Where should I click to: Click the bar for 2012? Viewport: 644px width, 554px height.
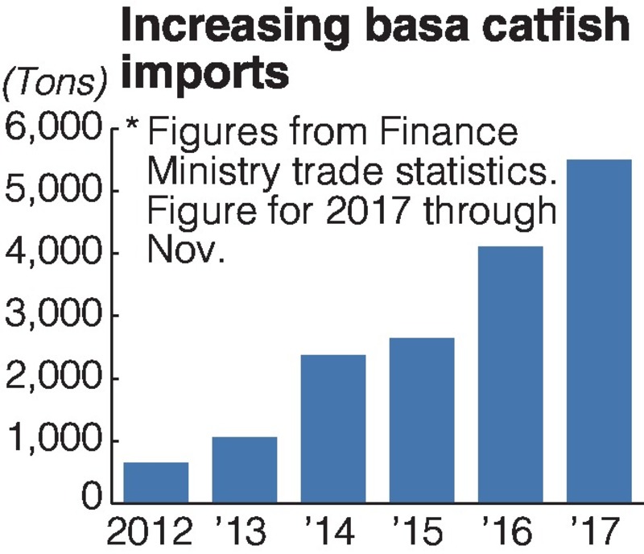coord(156,482)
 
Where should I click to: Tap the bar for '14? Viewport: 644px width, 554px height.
coord(333,428)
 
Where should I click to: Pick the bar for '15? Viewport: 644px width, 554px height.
coord(422,420)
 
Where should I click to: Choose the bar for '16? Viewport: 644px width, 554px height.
coord(510,374)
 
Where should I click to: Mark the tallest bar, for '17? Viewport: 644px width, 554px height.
coord(599,331)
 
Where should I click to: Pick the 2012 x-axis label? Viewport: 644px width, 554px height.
coord(151,534)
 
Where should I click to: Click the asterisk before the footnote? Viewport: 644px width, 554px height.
coord(134,129)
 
